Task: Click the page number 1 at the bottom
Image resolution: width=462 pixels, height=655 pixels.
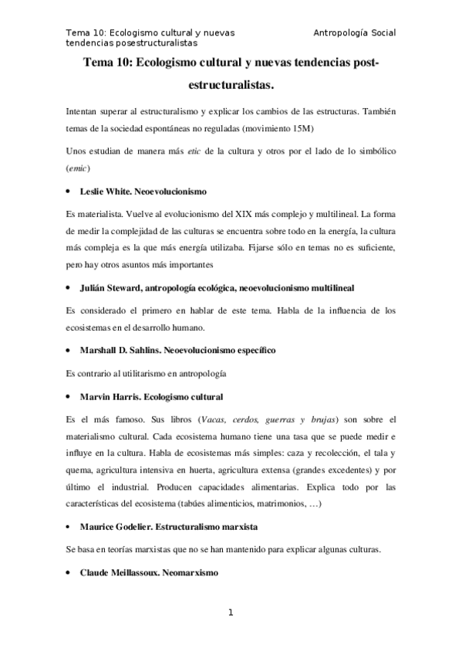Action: pyautogui.click(x=230, y=613)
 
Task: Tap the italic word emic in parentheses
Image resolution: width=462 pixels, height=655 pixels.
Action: pyautogui.click(x=79, y=167)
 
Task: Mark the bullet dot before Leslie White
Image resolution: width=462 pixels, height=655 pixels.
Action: pyautogui.click(x=69, y=190)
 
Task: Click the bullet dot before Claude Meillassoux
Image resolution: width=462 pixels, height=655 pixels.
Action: pyautogui.click(x=69, y=574)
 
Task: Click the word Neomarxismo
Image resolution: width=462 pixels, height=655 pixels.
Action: pyautogui.click(x=191, y=574)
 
